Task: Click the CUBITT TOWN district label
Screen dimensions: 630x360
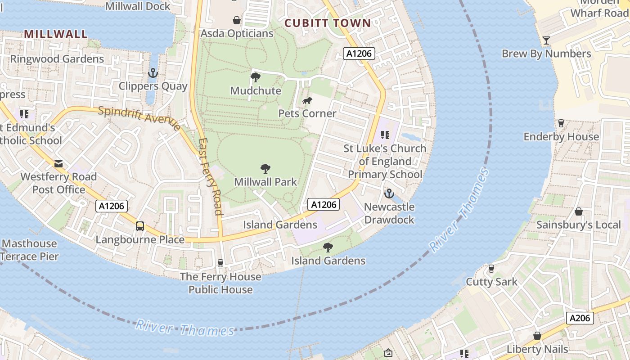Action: (x=328, y=23)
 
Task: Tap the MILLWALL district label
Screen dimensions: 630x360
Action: (x=56, y=34)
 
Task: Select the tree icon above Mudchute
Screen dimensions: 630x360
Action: (x=256, y=77)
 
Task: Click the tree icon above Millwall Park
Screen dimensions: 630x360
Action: (x=265, y=169)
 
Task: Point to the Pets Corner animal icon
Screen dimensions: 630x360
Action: (x=307, y=101)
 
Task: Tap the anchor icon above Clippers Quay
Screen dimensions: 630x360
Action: (x=153, y=72)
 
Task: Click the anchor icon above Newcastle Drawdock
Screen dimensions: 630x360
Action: (x=389, y=193)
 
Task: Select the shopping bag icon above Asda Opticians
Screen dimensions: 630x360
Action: (x=237, y=20)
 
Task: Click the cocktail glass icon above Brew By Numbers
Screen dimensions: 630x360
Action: (x=546, y=40)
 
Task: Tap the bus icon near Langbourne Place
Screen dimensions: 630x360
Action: (x=140, y=226)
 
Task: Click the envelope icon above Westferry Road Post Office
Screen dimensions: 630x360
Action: (x=58, y=163)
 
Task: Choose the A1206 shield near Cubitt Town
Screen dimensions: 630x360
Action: (x=359, y=54)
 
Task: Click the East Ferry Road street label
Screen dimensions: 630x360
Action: (x=211, y=176)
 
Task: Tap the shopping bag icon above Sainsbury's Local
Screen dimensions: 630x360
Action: (x=579, y=211)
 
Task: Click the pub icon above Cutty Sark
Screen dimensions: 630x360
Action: (x=491, y=269)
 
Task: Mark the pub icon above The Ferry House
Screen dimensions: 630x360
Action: (x=220, y=263)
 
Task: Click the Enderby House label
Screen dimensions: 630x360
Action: (x=561, y=136)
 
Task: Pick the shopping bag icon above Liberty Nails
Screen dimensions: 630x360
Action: (x=537, y=336)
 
